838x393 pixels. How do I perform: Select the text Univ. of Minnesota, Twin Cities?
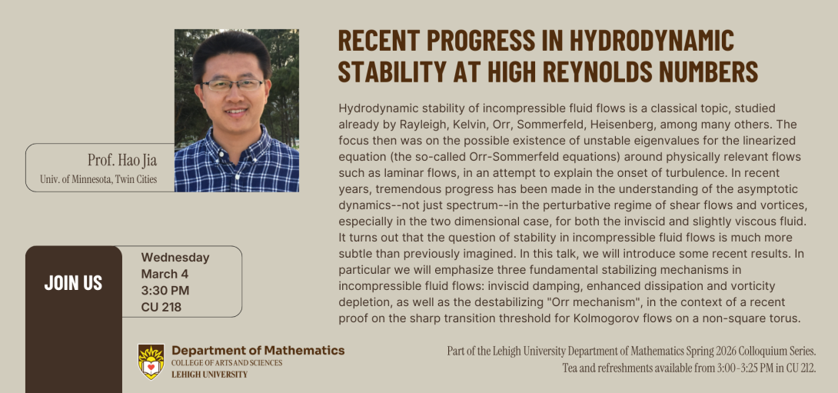tap(98, 180)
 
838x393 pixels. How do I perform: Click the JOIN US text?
tap(73, 282)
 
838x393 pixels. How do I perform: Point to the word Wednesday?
tap(175, 258)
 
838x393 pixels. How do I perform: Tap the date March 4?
tap(165, 274)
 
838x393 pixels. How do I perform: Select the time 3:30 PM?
tap(165, 290)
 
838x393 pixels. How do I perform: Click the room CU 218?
tap(161, 307)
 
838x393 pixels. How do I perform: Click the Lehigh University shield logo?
tap(151, 361)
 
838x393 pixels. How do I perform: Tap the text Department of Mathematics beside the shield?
tap(258, 351)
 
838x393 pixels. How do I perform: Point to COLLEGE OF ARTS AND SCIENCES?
tap(227, 363)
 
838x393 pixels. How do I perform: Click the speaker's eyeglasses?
tap(232, 85)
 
